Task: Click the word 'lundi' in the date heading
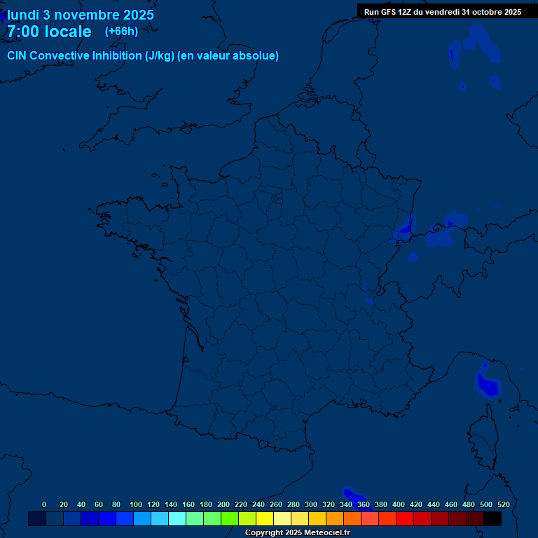(x=25, y=15)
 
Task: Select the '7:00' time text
(x=22, y=32)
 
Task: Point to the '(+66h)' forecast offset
(x=121, y=32)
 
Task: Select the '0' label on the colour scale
(x=44, y=504)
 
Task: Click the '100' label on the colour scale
(x=136, y=504)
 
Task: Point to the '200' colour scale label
(x=223, y=504)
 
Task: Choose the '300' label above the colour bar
(x=311, y=504)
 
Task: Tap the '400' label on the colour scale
(x=399, y=504)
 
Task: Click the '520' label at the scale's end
(x=503, y=504)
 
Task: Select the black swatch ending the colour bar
(x=492, y=518)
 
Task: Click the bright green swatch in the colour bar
(x=230, y=518)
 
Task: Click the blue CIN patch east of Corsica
(x=486, y=383)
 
